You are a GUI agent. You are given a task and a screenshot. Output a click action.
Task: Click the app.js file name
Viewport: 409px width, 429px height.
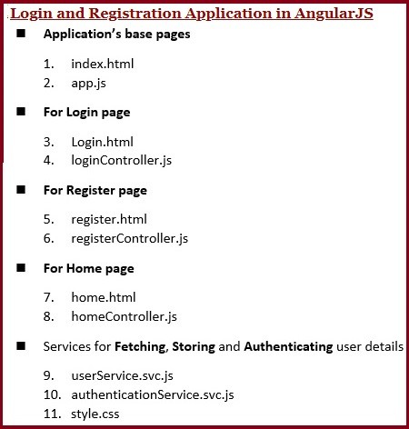88,83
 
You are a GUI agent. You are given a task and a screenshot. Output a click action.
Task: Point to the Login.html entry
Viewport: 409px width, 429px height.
102,142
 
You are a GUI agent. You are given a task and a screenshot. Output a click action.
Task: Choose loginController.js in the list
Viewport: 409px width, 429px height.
121,160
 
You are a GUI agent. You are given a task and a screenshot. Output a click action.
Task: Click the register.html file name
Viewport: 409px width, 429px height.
108,219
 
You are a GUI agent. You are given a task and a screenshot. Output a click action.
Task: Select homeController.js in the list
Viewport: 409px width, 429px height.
124,316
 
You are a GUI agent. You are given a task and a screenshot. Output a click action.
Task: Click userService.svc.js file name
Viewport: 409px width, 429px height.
121,374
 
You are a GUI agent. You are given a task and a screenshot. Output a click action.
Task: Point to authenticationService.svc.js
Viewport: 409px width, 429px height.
152,394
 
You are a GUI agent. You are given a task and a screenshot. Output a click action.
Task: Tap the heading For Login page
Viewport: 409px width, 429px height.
86,112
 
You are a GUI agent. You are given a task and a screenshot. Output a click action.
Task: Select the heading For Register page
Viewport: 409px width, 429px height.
95,190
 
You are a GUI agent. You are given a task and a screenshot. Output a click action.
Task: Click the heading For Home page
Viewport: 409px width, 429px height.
88,268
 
